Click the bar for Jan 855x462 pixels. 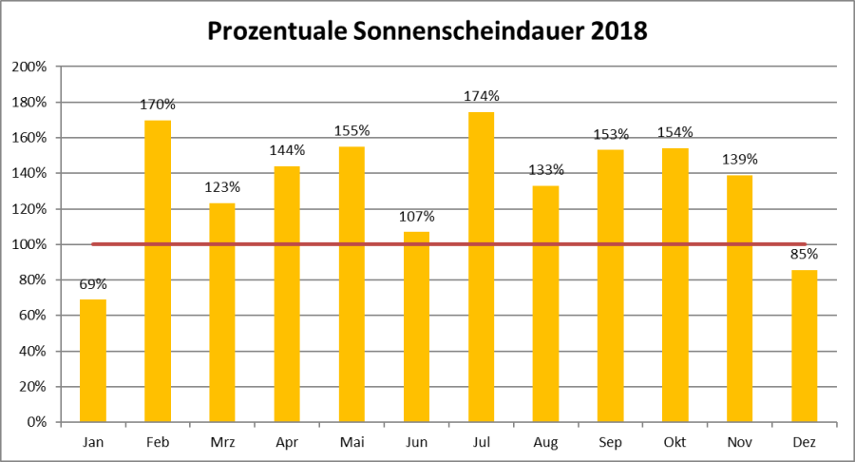[x=93, y=361]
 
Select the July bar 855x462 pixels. [x=481, y=267]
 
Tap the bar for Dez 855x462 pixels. [x=804, y=346]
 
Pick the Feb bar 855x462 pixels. [x=158, y=271]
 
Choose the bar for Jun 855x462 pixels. [x=416, y=327]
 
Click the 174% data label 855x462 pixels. [x=481, y=96]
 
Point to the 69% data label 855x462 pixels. [x=93, y=283]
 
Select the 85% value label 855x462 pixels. [x=804, y=255]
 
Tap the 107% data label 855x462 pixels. [x=416, y=216]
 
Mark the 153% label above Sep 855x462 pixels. [x=610, y=133]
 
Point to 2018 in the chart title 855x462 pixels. [x=618, y=31]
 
